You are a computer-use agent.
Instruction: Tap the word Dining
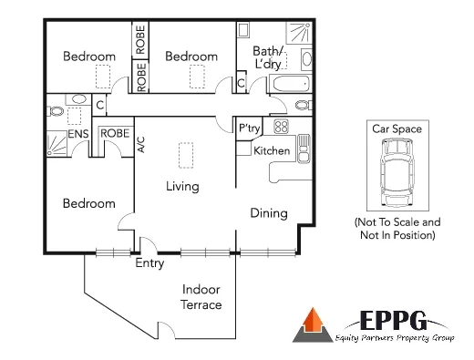(269, 213)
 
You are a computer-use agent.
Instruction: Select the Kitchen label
(271, 150)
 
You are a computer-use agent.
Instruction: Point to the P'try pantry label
(249, 129)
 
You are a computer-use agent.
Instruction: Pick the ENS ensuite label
(77, 134)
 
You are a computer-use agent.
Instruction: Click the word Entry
(149, 264)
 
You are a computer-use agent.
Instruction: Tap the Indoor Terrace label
(201, 296)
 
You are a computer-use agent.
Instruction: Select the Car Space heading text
(397, 129)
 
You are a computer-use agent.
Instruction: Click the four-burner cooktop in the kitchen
(281, 128)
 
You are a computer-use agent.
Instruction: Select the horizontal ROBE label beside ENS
(114, 133)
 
